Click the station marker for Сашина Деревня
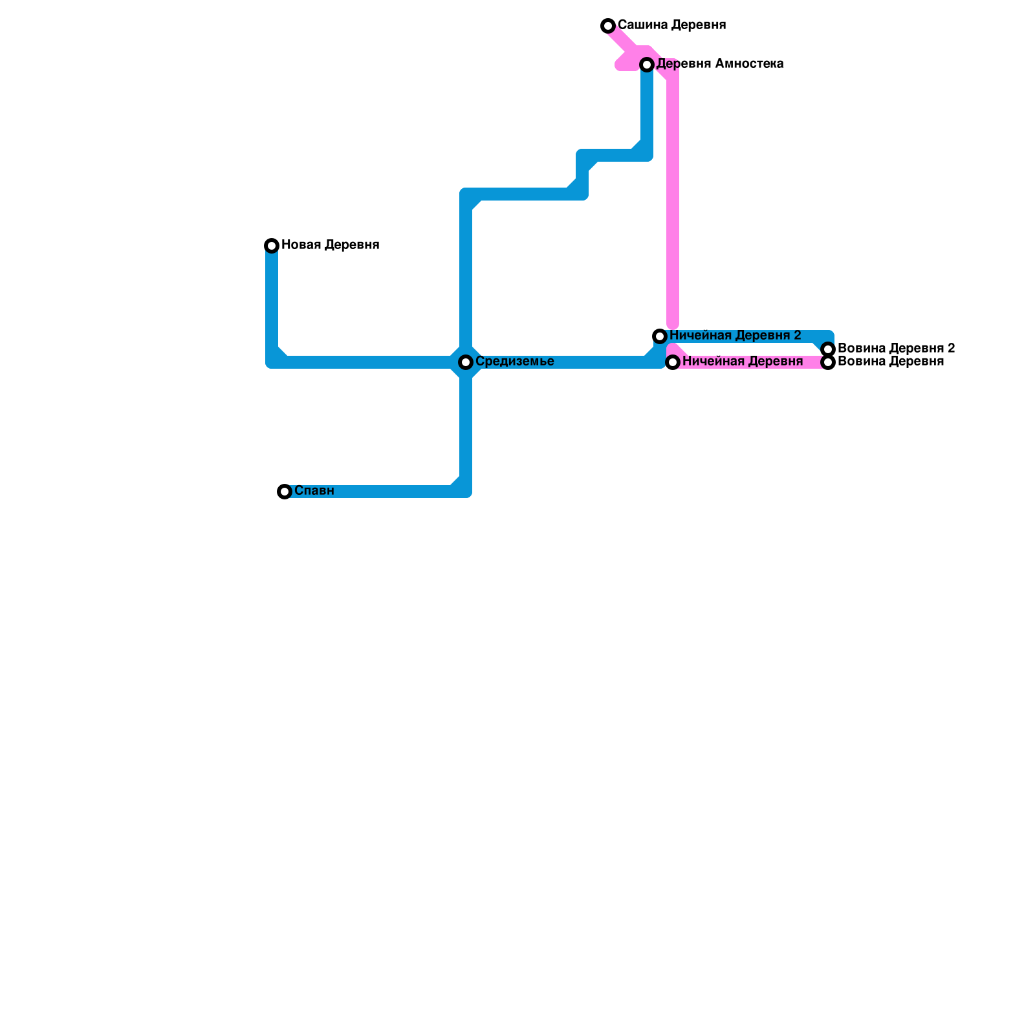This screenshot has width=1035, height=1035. point(608,26)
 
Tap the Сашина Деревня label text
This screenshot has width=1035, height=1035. point(671,25)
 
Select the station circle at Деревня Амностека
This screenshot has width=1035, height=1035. point(647,65)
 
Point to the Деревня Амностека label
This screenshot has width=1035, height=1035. point(720,64)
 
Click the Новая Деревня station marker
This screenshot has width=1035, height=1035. point(272,246)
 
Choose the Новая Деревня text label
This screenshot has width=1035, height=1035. point(330,245)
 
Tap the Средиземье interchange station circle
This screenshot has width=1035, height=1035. point(466,362)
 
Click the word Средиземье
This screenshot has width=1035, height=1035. point(514,362)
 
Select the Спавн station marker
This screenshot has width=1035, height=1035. point(285,492)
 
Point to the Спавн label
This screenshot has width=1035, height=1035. point(314,491)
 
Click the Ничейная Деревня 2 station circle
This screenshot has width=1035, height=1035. point(660,336)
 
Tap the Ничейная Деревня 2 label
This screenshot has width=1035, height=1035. point(735,336)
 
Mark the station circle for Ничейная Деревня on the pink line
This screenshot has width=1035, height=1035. point(673,362)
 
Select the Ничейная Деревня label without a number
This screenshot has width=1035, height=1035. point(742,362)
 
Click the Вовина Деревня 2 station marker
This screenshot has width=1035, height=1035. point(828,349)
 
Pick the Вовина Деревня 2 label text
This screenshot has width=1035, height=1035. point(896,349)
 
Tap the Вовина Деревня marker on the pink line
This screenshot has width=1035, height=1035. point(828,362)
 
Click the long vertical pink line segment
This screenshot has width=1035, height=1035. point(673,194)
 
